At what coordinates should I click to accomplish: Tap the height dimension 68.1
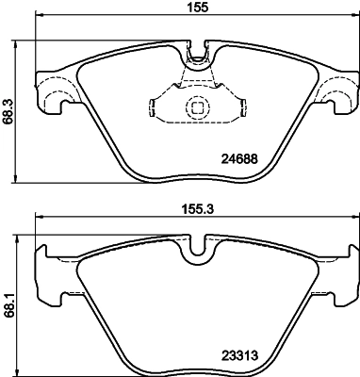(x=8, y=307)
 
